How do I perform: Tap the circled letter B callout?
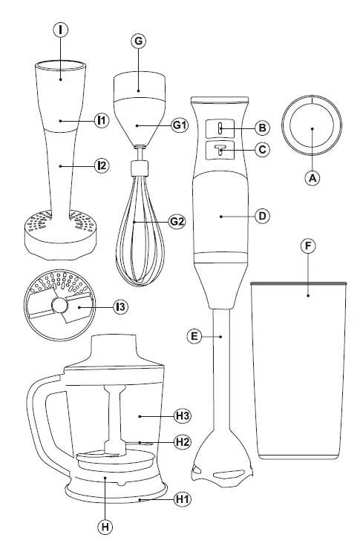261,127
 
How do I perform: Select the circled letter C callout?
261,149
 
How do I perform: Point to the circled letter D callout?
261,216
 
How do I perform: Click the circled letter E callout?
194,337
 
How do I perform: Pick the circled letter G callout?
138,42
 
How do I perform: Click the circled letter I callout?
60,30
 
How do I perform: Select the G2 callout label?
177,221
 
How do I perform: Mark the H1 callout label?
182,499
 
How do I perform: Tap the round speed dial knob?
312,125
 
